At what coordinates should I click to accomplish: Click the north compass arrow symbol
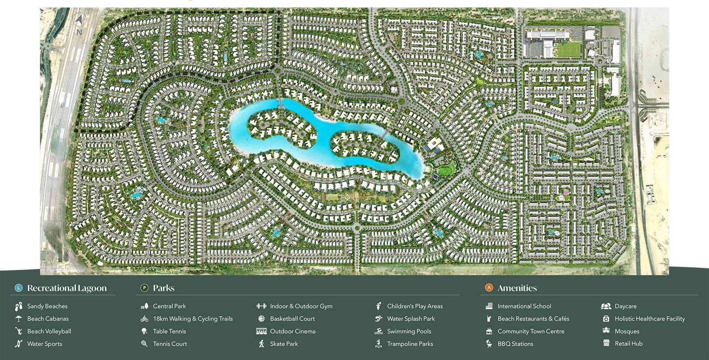pos(79,20)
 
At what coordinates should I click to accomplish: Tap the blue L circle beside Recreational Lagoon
pos(18,288)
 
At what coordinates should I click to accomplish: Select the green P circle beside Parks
pos(144,288)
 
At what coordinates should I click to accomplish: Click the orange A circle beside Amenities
pos(489,288)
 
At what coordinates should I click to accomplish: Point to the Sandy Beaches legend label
pos(47,306)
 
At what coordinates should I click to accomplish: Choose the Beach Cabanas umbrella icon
pos(19,318)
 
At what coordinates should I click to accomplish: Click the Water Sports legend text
pos(44,344)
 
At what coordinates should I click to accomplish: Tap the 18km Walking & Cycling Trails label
pos(193,319)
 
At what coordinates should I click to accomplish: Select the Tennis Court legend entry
pos(170,344)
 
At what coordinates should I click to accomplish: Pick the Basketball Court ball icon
pos(261,318)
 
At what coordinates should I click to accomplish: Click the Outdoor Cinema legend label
pos(292,331)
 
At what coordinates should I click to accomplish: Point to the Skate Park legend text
pos(284,344)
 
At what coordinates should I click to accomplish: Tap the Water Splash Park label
pos(411,319)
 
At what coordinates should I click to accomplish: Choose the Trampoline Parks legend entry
pos(410,344)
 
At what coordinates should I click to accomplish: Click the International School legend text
pos(524,306)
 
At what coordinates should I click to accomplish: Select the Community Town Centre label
pos(531,331)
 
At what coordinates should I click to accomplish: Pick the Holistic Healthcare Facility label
pos(650,319)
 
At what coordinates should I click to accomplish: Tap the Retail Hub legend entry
pos(628,344)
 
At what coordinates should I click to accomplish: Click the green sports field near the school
pos(569,49)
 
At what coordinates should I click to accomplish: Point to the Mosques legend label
pos(627,331)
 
